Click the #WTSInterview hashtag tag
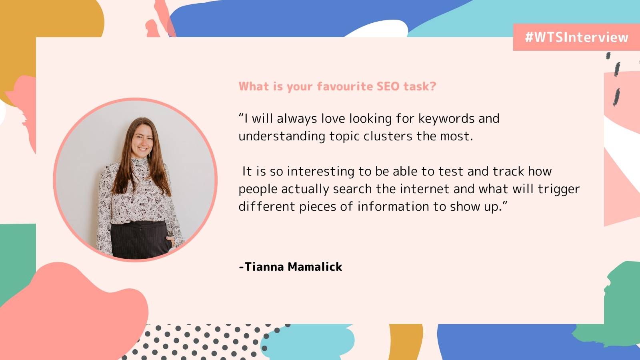tap(576, 37)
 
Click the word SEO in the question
tap(388, 86)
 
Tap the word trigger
tap(558, 189)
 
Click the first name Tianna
tap(264, 267)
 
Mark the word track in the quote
tap(508, 172)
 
